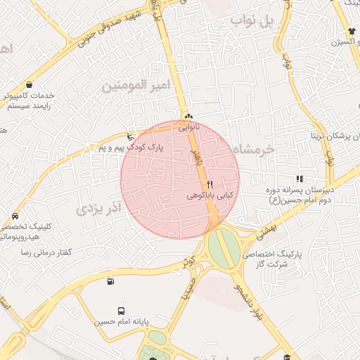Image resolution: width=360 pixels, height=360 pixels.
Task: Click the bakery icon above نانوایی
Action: (x=188, y=117)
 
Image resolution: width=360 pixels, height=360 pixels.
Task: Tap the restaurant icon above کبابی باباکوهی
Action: (x=210, y=184)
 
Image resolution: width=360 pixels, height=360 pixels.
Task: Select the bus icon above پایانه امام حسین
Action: (x=122, y=311)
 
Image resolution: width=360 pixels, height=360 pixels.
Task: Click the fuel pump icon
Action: (x=110, y=283)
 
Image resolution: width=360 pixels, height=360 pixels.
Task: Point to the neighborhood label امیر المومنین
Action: (x=136, y=85)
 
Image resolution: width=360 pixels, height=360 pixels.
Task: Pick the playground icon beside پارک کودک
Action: (x=129, y=136)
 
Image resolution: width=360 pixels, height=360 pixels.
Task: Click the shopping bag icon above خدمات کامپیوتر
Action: (x=29, y=84)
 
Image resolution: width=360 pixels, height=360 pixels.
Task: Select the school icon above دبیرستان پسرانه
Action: (x=300, y=179)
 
